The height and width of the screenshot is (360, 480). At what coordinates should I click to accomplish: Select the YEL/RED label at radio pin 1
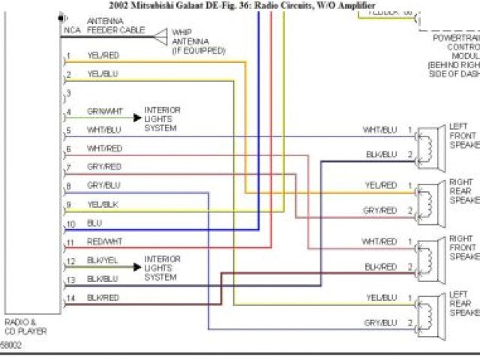coord(103,55)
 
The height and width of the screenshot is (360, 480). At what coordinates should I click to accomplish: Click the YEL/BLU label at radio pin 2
coord(103,74)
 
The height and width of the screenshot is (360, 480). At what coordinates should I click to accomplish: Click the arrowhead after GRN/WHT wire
coord(137,117)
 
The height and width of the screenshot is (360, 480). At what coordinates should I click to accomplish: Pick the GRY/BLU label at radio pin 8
coord(103,185)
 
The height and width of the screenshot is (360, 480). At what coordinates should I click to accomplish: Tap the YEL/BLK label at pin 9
coord(103,204)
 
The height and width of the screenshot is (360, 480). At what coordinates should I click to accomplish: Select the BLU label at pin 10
coord(94,223)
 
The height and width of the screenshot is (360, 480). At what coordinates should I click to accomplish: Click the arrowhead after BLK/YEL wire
coord(137,266)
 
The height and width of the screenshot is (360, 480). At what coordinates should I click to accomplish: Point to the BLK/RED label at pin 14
coord(103,297)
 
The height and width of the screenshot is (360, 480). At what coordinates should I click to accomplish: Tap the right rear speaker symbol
coord(429,198)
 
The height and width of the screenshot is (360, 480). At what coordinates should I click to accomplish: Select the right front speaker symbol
coord(429,254)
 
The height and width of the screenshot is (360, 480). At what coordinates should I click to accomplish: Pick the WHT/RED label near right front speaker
coord(379,241)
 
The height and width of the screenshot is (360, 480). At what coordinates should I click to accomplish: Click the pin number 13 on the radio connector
coord(70,279)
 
